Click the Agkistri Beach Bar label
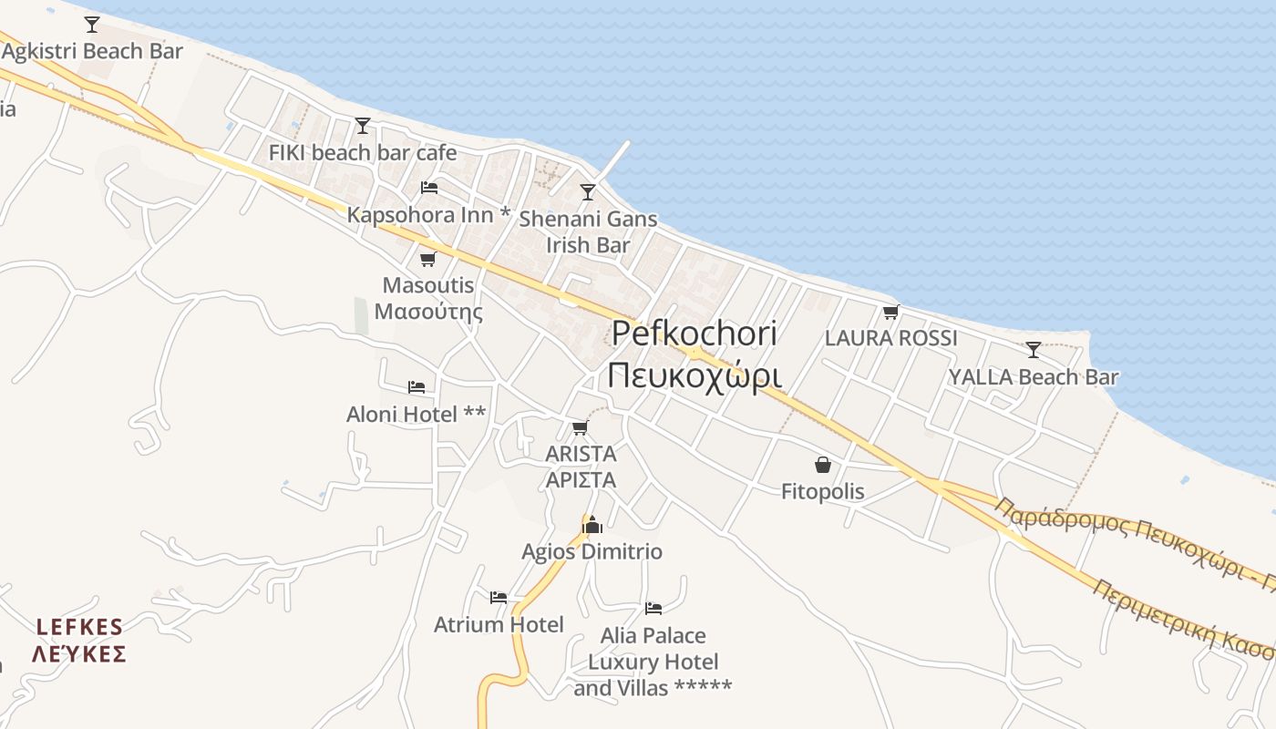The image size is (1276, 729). (93, 51)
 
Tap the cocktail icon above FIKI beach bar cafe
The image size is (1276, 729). (363, 125)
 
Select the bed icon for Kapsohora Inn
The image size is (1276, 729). (429, 188)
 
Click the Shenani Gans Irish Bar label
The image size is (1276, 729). (588, 231)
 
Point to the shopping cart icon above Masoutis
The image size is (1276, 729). (427, 259)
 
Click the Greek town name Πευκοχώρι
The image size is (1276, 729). (695, 375)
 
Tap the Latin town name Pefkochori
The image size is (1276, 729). (695, 334)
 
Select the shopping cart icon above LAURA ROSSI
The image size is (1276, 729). (890, 313)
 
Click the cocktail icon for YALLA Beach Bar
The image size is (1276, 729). (1033, 349)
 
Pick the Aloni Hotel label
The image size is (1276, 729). (416, 415)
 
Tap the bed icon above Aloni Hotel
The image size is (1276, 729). (417, 387)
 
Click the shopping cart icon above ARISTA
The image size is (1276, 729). (580, 427)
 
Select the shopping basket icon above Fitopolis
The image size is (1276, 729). (823, 465)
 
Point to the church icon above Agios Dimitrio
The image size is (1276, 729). (592, 525)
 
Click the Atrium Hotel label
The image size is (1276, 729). (499, 625)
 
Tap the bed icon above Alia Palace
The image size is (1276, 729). (653, 608)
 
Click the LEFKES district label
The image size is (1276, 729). (79, 627)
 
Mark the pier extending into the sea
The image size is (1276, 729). (613, 159)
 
